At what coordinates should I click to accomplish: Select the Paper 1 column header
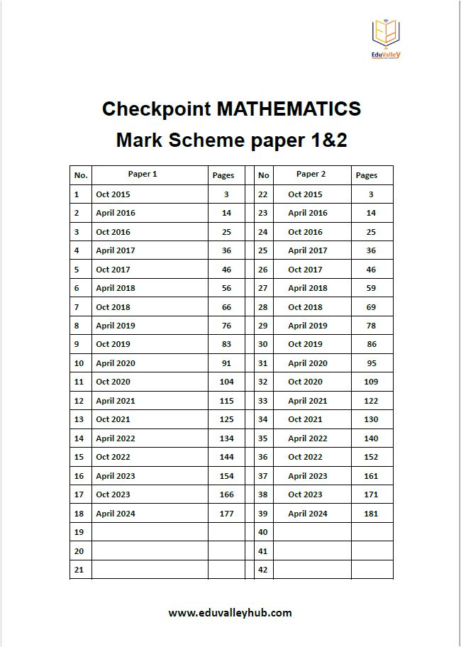pos(143,175)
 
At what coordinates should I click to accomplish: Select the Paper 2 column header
pos(311,175)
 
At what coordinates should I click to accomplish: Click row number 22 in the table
pos(263,194)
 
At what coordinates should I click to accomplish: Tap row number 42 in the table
pos(263,570)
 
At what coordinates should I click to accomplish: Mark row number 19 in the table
pos(79,532)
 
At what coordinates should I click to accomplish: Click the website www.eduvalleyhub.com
pos(230,613)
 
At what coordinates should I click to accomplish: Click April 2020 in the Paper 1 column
pos(116,363)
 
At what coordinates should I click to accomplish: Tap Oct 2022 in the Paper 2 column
pos(305,457)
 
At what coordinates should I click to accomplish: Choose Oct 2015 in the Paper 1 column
pos(113,194)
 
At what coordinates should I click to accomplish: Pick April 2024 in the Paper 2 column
pos(308,514)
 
